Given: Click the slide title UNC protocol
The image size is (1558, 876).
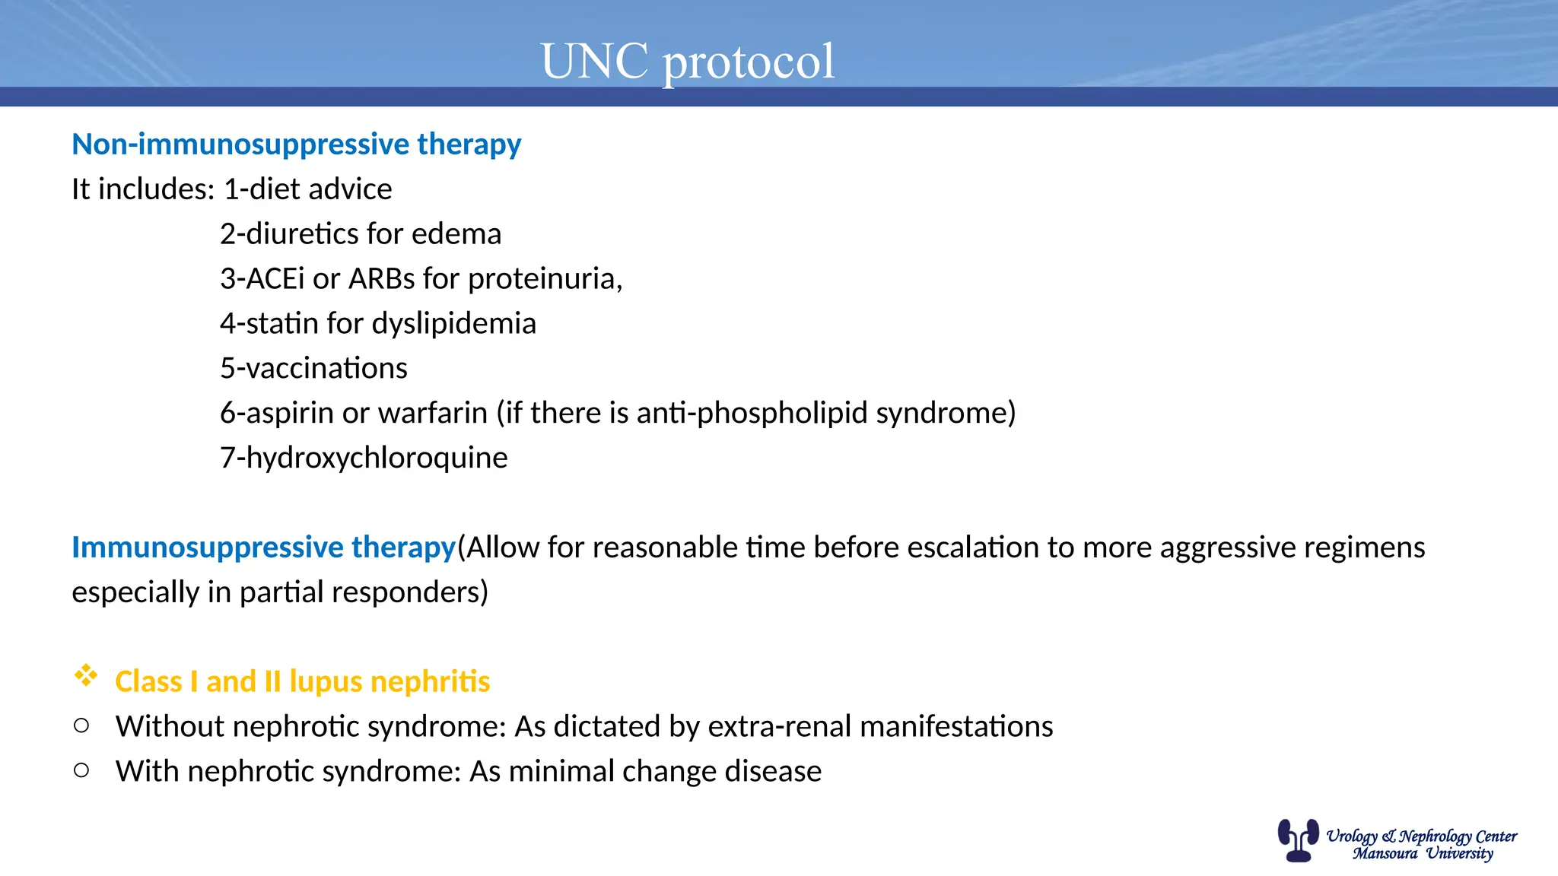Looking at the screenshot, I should click(x=687, y=61).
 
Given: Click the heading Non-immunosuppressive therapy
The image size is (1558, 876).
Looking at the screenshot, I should click(x=296, y=144).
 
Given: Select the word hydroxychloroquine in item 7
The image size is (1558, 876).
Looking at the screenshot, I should click(x=377, y=458).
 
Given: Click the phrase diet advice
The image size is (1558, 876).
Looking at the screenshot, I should click(x=320, y=189).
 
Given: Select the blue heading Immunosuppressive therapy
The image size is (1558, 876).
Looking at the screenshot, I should click(x=263, y=547).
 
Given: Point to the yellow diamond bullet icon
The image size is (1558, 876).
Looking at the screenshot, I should click(x=86, y=675).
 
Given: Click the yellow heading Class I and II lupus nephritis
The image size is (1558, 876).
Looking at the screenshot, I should click(x=302, y=681).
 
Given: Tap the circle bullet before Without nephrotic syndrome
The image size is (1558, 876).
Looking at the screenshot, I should click(x=81, y=725).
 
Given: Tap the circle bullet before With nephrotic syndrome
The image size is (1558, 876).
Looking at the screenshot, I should click(x=81, y=770).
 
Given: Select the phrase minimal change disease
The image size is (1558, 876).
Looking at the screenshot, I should click(x=664, y=771).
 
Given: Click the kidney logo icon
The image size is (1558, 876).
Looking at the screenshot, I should click(x=1298, y=840).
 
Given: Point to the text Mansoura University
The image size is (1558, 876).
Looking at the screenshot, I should click(x=1422, y=854).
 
